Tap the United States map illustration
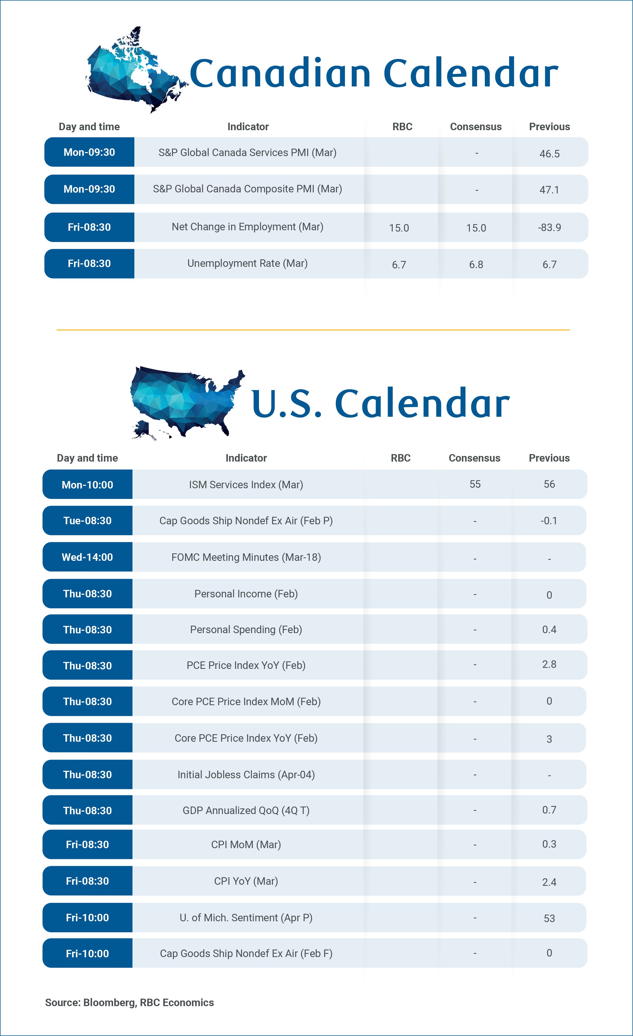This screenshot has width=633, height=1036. (185, 402)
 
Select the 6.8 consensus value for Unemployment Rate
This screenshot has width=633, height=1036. (476, 264)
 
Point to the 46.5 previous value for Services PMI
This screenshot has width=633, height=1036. (549, 153)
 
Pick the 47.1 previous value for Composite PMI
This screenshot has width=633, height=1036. (549, 190)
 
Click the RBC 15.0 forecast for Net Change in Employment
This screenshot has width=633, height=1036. (399, 228)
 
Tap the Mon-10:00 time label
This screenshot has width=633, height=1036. (88, 485)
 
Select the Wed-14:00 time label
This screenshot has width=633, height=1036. (88, 557)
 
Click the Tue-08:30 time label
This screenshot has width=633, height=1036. (88, 521)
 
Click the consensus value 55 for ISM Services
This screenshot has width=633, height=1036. (475, 484)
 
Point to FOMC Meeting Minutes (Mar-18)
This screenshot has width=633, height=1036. (246, 557)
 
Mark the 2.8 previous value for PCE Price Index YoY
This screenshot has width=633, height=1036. (549, 664)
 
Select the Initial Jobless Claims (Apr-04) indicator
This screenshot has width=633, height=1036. (246, 775)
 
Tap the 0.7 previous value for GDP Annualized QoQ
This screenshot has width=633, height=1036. (549, 810)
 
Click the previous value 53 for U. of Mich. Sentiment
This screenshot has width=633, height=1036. (549, 918)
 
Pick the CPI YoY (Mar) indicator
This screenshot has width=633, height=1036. (246, 881)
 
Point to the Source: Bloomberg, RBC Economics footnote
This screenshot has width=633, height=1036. (129, 1002)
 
